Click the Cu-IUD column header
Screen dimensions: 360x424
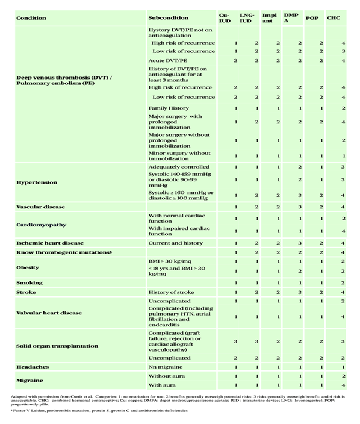224,17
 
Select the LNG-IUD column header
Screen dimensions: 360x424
246,17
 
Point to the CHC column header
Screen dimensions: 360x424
334,18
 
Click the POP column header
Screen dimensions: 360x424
312,18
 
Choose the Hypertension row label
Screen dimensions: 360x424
37,182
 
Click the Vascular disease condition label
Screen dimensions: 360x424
40,207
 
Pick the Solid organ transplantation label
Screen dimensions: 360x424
57,346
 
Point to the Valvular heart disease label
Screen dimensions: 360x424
49,313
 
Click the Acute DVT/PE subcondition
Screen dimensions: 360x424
167,61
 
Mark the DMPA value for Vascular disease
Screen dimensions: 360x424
300,207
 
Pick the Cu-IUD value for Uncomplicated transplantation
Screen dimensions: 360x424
235,358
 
